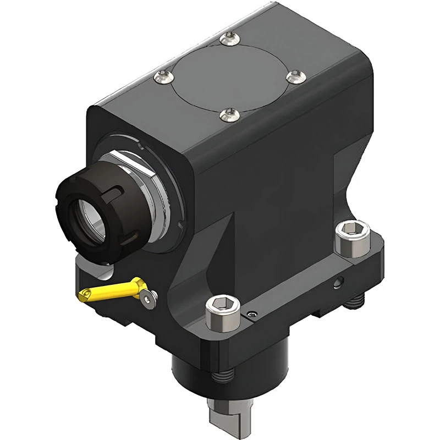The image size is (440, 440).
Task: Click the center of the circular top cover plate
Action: (x=228, y=76)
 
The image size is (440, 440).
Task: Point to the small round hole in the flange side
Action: (x=337, y=284)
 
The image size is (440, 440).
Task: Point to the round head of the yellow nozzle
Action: (x=140, y=284)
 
